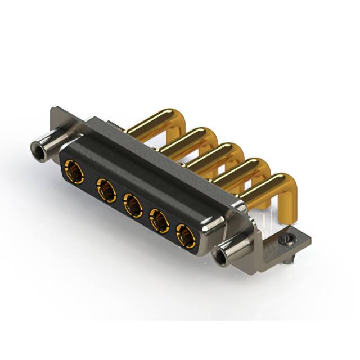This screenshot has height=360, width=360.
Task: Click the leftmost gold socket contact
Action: point(74,171)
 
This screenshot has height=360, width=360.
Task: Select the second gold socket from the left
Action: point(106,190)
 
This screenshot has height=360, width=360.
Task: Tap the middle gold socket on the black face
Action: point(133,206)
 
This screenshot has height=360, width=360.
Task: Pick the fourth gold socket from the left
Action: point(160,222)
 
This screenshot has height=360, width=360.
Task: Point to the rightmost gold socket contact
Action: point(186,237)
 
